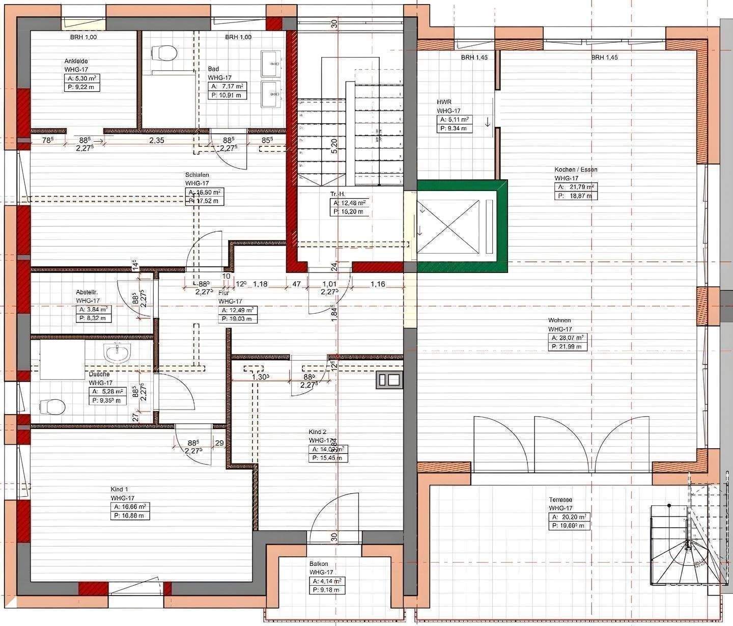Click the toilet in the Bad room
(x=164, y=52)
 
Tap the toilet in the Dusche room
(x=53, y=406)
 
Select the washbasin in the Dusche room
(x=117, y=352)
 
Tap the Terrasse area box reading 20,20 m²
(x=569, y=517)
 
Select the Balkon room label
(x=319, y=564)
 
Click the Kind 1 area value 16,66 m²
(x=130, y=507)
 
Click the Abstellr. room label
(x=87, y=292)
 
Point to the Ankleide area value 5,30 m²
(x=81, y=78)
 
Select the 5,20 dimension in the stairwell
(x=334, y=147)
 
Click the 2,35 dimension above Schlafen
(x=156, y=141)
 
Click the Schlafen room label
(x=197, y=175)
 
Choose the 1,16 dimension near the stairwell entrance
(x=378, y=284)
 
